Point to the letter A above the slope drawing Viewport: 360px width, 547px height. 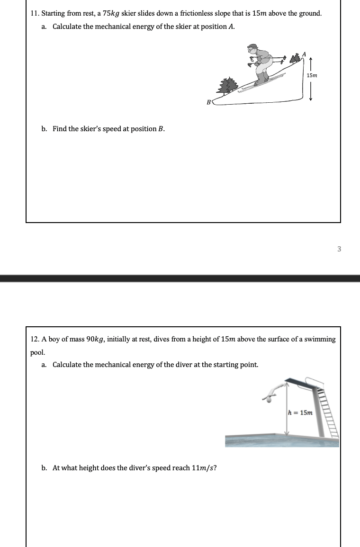(x=305, y=54)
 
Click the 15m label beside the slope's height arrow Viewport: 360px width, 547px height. (x=312, y=76)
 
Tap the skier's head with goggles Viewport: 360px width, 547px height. (x=253, y=49)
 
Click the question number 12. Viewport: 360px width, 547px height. (x=34, y=339)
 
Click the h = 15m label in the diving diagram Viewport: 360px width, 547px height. (x=301, y=412)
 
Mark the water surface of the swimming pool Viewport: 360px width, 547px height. (x=282, y=441)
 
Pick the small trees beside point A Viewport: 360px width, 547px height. (x=297, y=58)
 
